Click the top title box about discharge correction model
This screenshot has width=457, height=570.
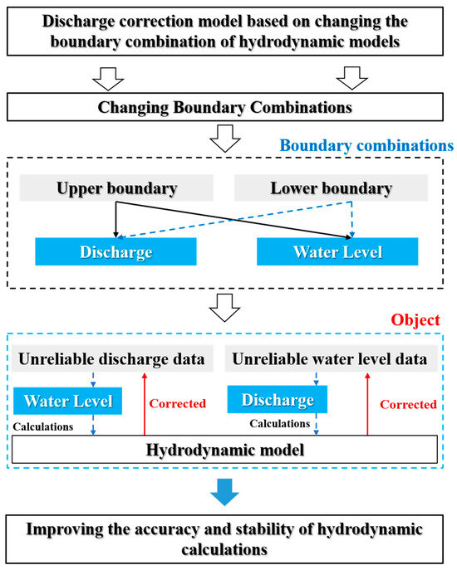[x=228, y=31]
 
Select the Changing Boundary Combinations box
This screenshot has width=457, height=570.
[x=228, y=106]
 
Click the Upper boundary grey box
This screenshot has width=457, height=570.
[x=116, y=188]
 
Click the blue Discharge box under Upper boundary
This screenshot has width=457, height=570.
[x=115, y=251]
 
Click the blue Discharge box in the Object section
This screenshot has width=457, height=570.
[x=277, y=400]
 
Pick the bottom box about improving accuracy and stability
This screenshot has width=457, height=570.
[x=228, y=538]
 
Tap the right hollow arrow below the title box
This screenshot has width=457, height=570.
[x=352, y=78]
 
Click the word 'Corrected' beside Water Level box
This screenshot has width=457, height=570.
[x=178, y=404]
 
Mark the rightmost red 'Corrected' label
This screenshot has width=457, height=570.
[x=408, y=405]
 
